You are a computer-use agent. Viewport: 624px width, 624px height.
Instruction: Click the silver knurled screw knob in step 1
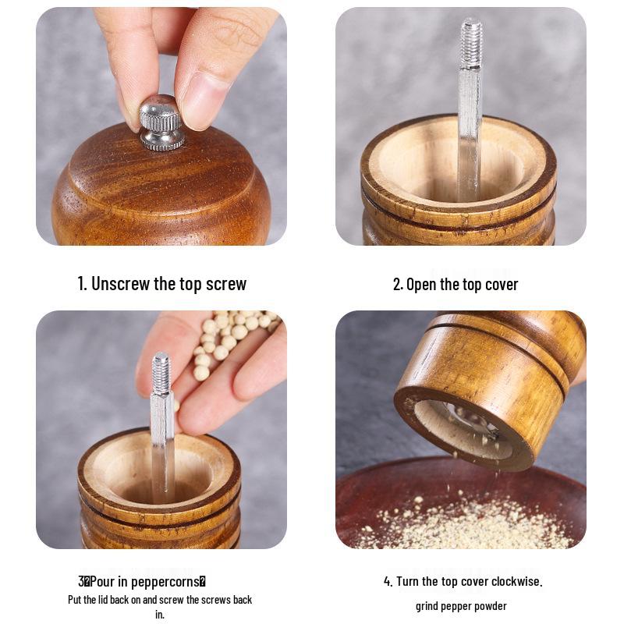(x=161, y=122)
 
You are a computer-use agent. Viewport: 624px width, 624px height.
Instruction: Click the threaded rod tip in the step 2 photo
(x=471, y=43)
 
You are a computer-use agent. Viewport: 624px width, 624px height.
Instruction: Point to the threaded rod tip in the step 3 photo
(x=161, y=373)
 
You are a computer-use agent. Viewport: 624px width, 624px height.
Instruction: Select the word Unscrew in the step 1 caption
(x=120, y=283)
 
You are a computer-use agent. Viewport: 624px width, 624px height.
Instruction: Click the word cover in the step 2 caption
(x=501, y=284)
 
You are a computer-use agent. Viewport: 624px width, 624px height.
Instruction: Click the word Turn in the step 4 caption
(x=409, y=581)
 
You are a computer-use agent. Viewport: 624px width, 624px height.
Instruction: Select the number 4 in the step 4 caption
(x=388, y=581)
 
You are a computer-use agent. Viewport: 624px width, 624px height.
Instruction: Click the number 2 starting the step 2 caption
(x=397, y=284)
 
